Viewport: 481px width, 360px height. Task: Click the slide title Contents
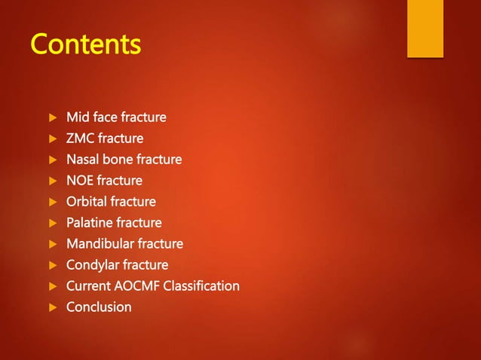[x=85, y=44]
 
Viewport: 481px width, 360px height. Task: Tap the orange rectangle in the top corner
[x=424, y=28]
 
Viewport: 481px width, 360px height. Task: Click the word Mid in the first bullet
[x=77, y=117]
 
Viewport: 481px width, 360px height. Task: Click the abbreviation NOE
[x=81, y=181]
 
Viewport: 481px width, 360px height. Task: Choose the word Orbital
[x=87, y=202]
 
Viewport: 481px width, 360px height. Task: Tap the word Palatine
[x=89, y=223]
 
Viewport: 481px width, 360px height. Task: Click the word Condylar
[x=92, y=265]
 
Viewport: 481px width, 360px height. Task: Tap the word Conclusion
[x=99, y=307]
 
